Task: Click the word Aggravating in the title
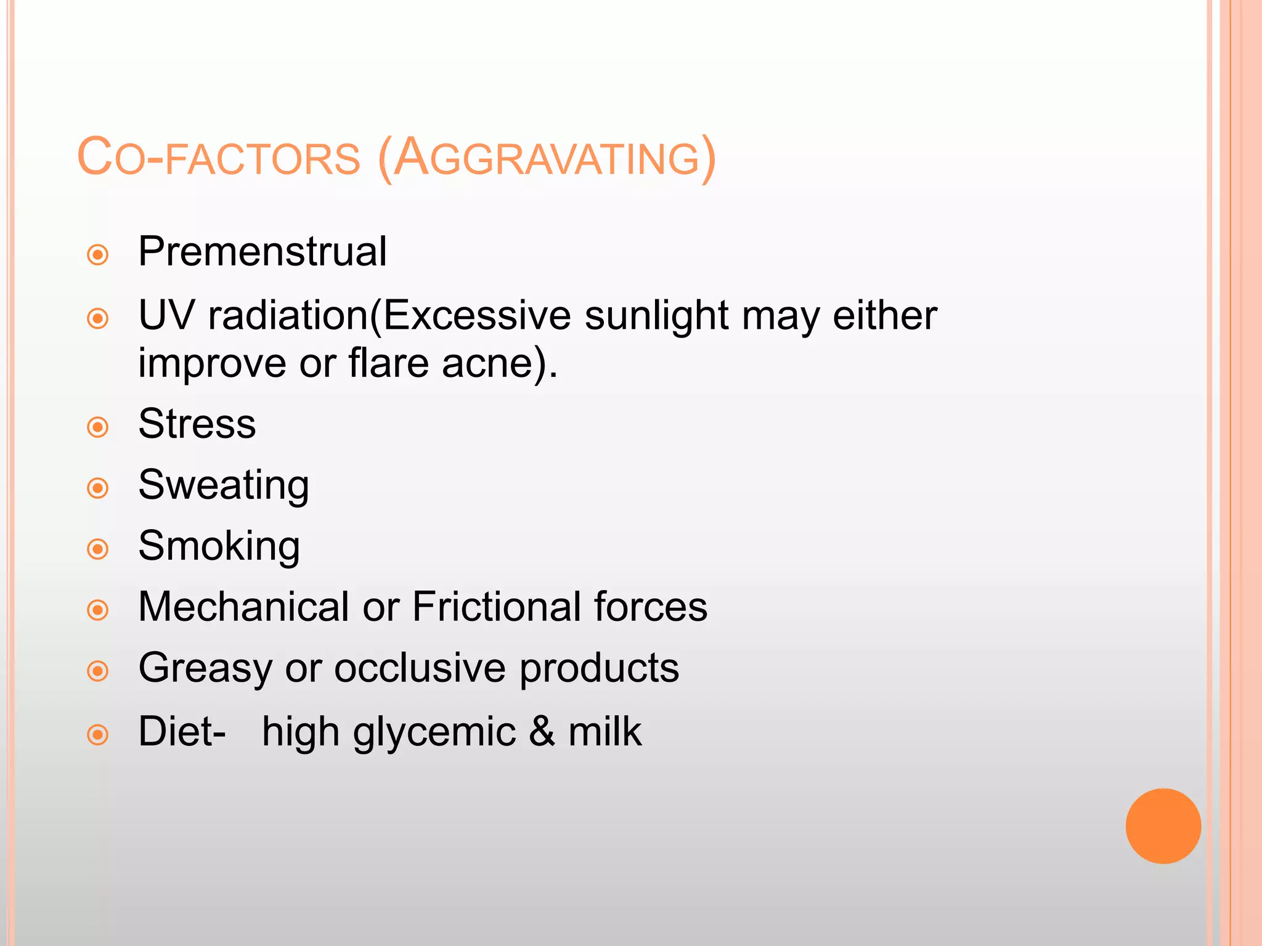click(547, 159)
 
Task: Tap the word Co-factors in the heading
click(219, 159)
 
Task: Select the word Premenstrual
click(263, 252)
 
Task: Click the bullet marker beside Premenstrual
click(98, 255)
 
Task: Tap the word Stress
click(197, 424)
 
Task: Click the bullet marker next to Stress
click(98, 427)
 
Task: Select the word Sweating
click(224, 486)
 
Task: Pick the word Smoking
click(219, 546)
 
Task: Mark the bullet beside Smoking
click(98, 549)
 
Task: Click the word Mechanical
click(244, 607)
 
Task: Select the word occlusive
click(419, 668)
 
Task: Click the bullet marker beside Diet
click(98, 734)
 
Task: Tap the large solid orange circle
click(1163, 826)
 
